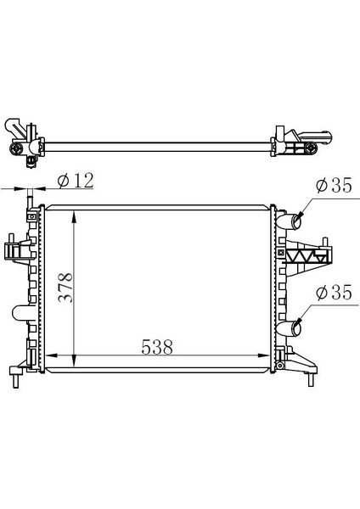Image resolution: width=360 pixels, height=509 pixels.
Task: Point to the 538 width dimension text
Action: point(157,347)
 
